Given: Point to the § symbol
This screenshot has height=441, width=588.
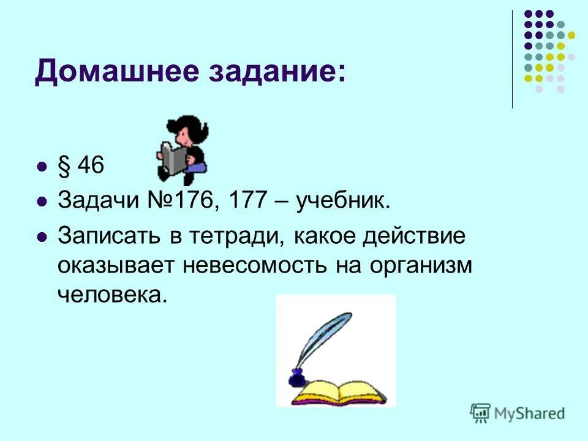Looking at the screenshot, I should pyautogui.click(x=64, y=167).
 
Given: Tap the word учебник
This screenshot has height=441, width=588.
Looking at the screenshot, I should pyautogui.click(x=343, y=201).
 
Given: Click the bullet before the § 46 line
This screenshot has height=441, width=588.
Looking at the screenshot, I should pyautogui.click(x=42, y=167).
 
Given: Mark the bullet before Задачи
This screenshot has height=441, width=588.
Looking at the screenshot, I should pyautogui.click(x=42, y=201).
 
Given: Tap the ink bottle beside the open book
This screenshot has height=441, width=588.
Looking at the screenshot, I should pyautogui.click(x=296, y=378).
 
